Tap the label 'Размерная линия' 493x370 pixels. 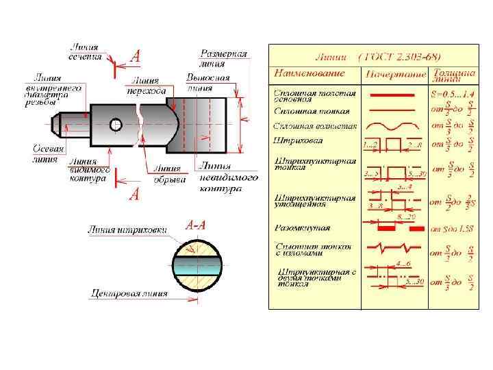pos(224,58)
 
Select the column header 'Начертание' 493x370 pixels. pos(392,73)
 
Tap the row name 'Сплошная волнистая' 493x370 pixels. pos(315,126)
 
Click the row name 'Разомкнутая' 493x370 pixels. pos(301,227)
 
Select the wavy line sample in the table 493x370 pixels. pos(392,127)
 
